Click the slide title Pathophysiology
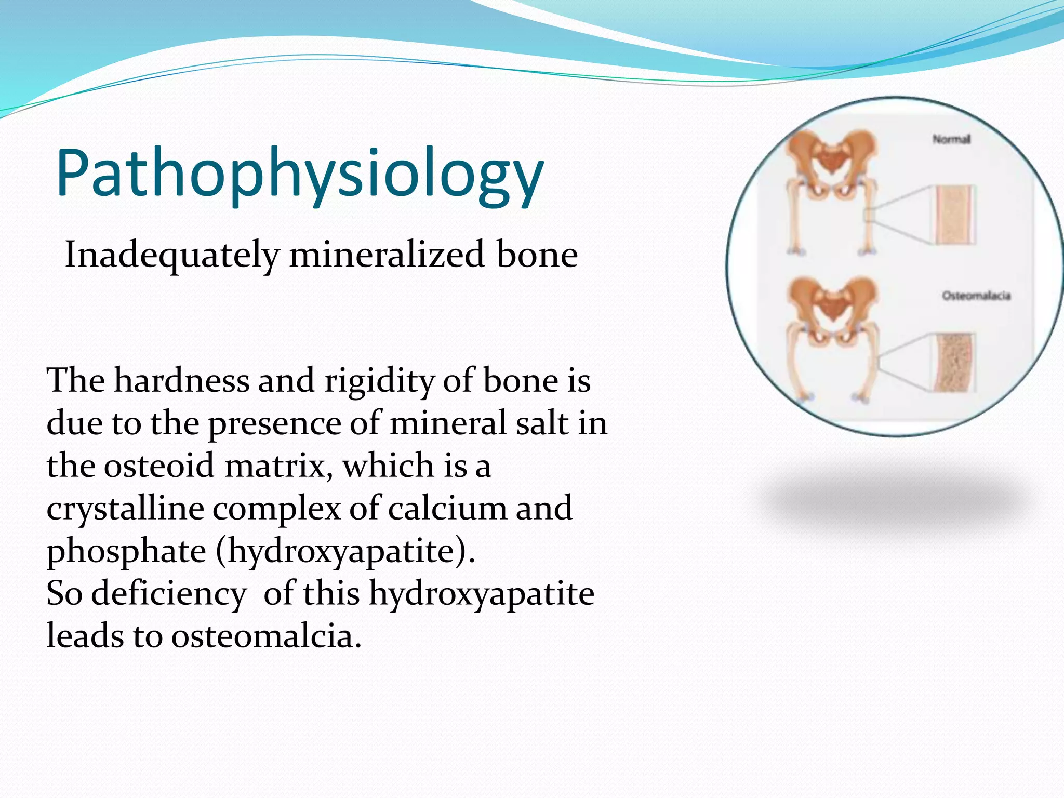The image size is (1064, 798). [300, 174]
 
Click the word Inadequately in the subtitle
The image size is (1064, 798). [171, 256]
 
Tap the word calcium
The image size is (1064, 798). [447, 508]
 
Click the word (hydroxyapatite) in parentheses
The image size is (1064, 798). [345, 551]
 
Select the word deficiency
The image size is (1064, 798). [169, 593]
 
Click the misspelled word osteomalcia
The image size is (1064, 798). [266, 636]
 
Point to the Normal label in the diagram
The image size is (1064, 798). [951, 139]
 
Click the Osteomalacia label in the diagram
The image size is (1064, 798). [976, 296]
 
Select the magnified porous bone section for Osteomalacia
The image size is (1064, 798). [954, 363]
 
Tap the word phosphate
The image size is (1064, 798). [126, 551]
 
